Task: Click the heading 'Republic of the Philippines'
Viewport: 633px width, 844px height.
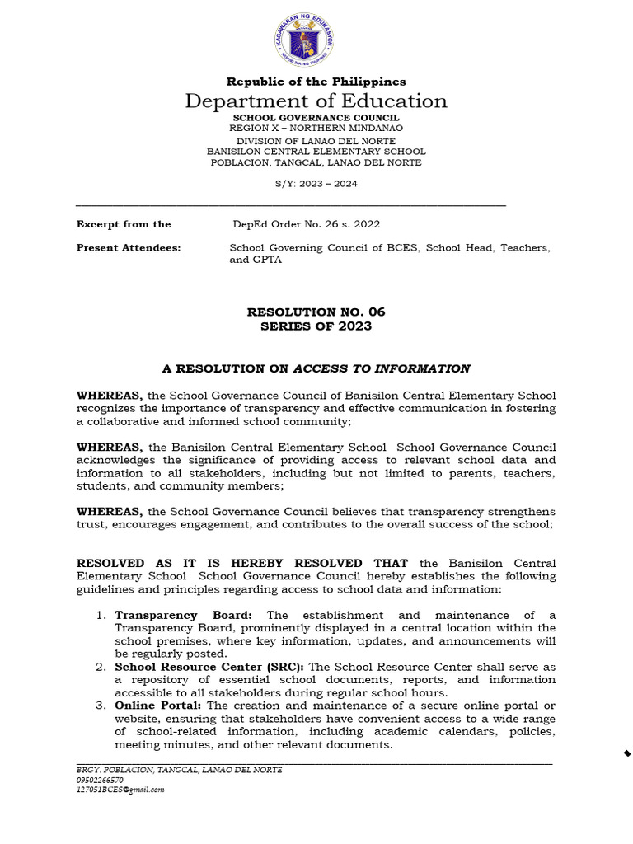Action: (316, 82)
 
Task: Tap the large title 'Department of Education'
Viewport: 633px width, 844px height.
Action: (316, 101)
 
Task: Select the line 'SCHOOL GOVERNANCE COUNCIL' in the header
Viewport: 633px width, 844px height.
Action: (316, 119)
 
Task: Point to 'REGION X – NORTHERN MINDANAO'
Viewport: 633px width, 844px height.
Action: (316, 129)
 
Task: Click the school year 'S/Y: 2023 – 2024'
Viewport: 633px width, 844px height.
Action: (316, 184)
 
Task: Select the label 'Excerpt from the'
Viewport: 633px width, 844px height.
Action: (124, 224)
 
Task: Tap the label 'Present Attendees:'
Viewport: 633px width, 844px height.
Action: (129, 248)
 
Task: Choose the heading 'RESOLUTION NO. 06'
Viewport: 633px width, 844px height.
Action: (316, 312)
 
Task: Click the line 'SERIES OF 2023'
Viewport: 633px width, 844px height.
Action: (316, 326)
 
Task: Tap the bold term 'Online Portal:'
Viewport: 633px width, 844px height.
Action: (158, 706)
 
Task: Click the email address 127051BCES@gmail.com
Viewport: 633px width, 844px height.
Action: (120, 790)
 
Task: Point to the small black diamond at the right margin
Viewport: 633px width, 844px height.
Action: (626, 753)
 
